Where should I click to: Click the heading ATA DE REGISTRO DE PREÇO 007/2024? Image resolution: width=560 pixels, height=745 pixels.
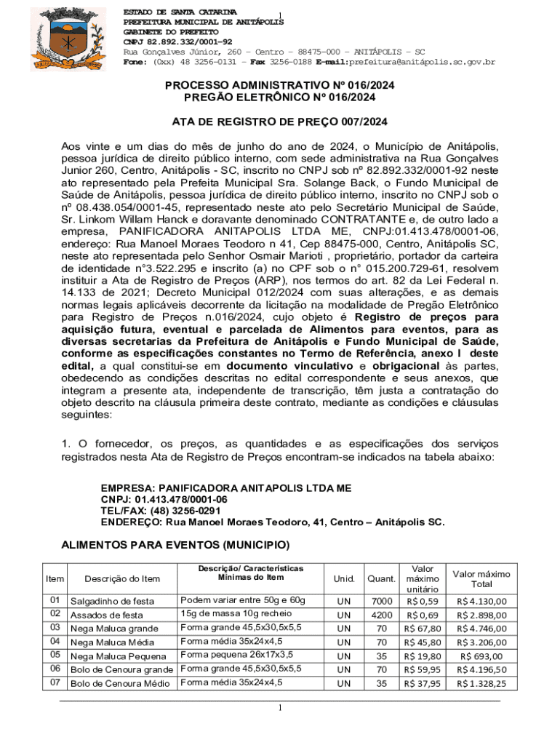click(279, 121)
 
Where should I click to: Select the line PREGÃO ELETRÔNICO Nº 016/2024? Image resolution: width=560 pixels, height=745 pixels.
click(279, 97)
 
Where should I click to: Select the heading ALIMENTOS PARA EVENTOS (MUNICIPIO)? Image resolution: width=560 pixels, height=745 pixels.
click(175, 545)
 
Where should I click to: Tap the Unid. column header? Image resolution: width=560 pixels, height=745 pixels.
click(344, 578)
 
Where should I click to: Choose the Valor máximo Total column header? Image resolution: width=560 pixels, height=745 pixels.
click(481, 578)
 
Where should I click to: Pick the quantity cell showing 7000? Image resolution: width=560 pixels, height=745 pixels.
click(381, 601)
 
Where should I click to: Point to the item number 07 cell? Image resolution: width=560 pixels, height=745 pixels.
click(55, 683)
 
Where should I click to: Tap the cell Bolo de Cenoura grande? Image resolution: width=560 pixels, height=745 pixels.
click(121, 669)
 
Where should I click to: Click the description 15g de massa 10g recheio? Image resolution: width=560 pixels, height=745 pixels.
click(231, 615)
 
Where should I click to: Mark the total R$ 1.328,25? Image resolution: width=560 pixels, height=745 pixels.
click(481, 683)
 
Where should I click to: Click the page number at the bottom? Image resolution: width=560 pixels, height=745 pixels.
click(280, 708)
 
